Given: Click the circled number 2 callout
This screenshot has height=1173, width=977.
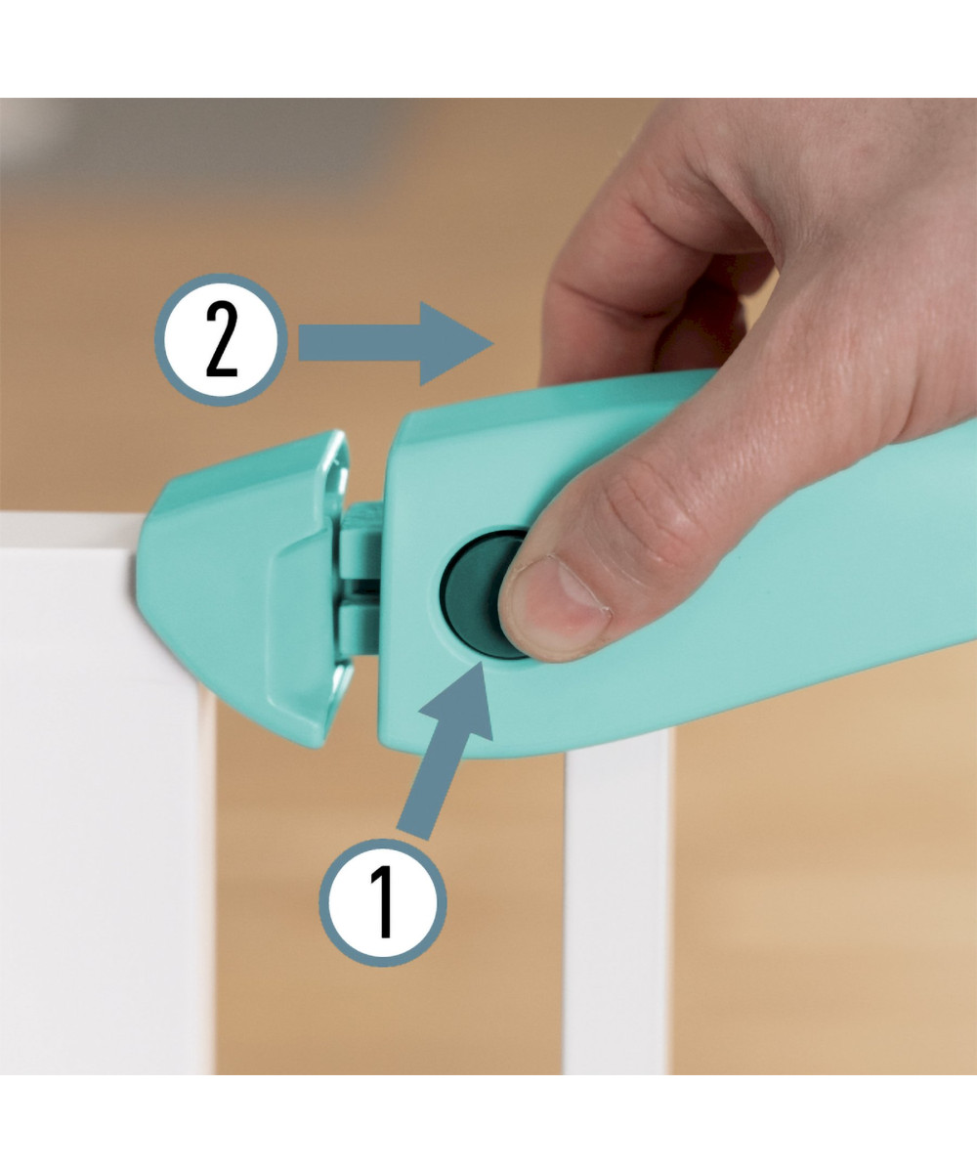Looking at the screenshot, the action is [221, 339].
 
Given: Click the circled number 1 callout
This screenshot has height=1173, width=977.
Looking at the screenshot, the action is [384, 903].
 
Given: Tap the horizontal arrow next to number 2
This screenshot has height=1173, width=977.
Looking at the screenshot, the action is [396, 343].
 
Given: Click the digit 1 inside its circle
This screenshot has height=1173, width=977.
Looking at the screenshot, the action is [384, 902].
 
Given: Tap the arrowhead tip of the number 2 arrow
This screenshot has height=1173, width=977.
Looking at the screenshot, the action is [492, 343].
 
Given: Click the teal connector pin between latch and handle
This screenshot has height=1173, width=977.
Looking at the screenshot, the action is [360, 579].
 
